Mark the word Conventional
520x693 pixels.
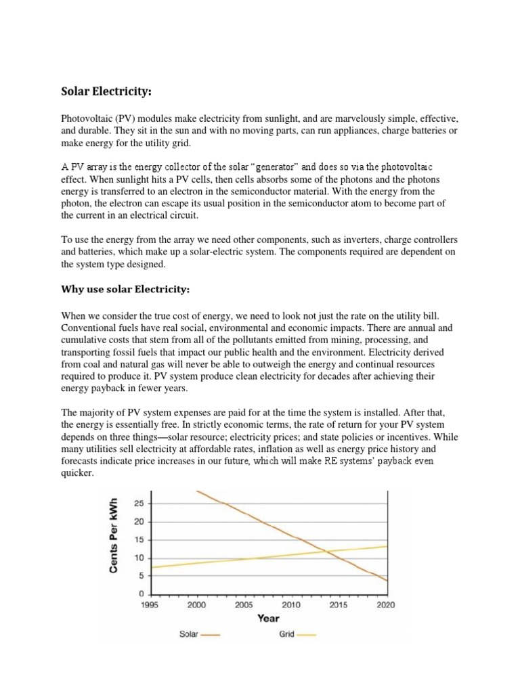tap(89, 328)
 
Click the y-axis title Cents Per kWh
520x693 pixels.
tap(114, 535)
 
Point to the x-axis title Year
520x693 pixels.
tap(267, 617)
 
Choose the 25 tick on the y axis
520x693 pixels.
tap(139, 504)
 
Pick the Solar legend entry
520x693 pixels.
tap(199, 635)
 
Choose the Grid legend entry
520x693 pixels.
tap(297, 635)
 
